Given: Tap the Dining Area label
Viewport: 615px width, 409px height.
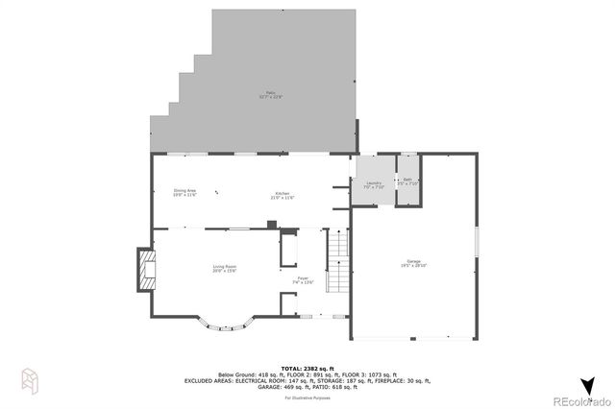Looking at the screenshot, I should (185, 193).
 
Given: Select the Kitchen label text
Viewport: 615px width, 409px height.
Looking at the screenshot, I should (283, 195).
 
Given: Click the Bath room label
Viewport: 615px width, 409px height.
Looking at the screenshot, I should (408, 181).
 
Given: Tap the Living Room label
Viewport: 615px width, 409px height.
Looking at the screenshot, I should (225, 268).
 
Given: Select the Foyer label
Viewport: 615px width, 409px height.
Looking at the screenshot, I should (304, 281).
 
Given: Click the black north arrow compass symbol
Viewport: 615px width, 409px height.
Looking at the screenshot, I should (588, 384).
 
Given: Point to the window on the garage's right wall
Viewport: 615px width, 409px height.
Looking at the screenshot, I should (478, 241).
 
